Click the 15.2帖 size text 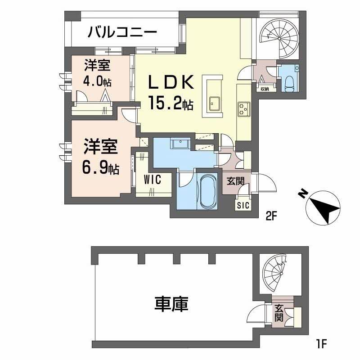pos(171,104)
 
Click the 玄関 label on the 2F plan pos(235,181)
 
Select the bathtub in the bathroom pos(207,192)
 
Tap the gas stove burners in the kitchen pos(244,108)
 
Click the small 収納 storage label pos(264,89)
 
